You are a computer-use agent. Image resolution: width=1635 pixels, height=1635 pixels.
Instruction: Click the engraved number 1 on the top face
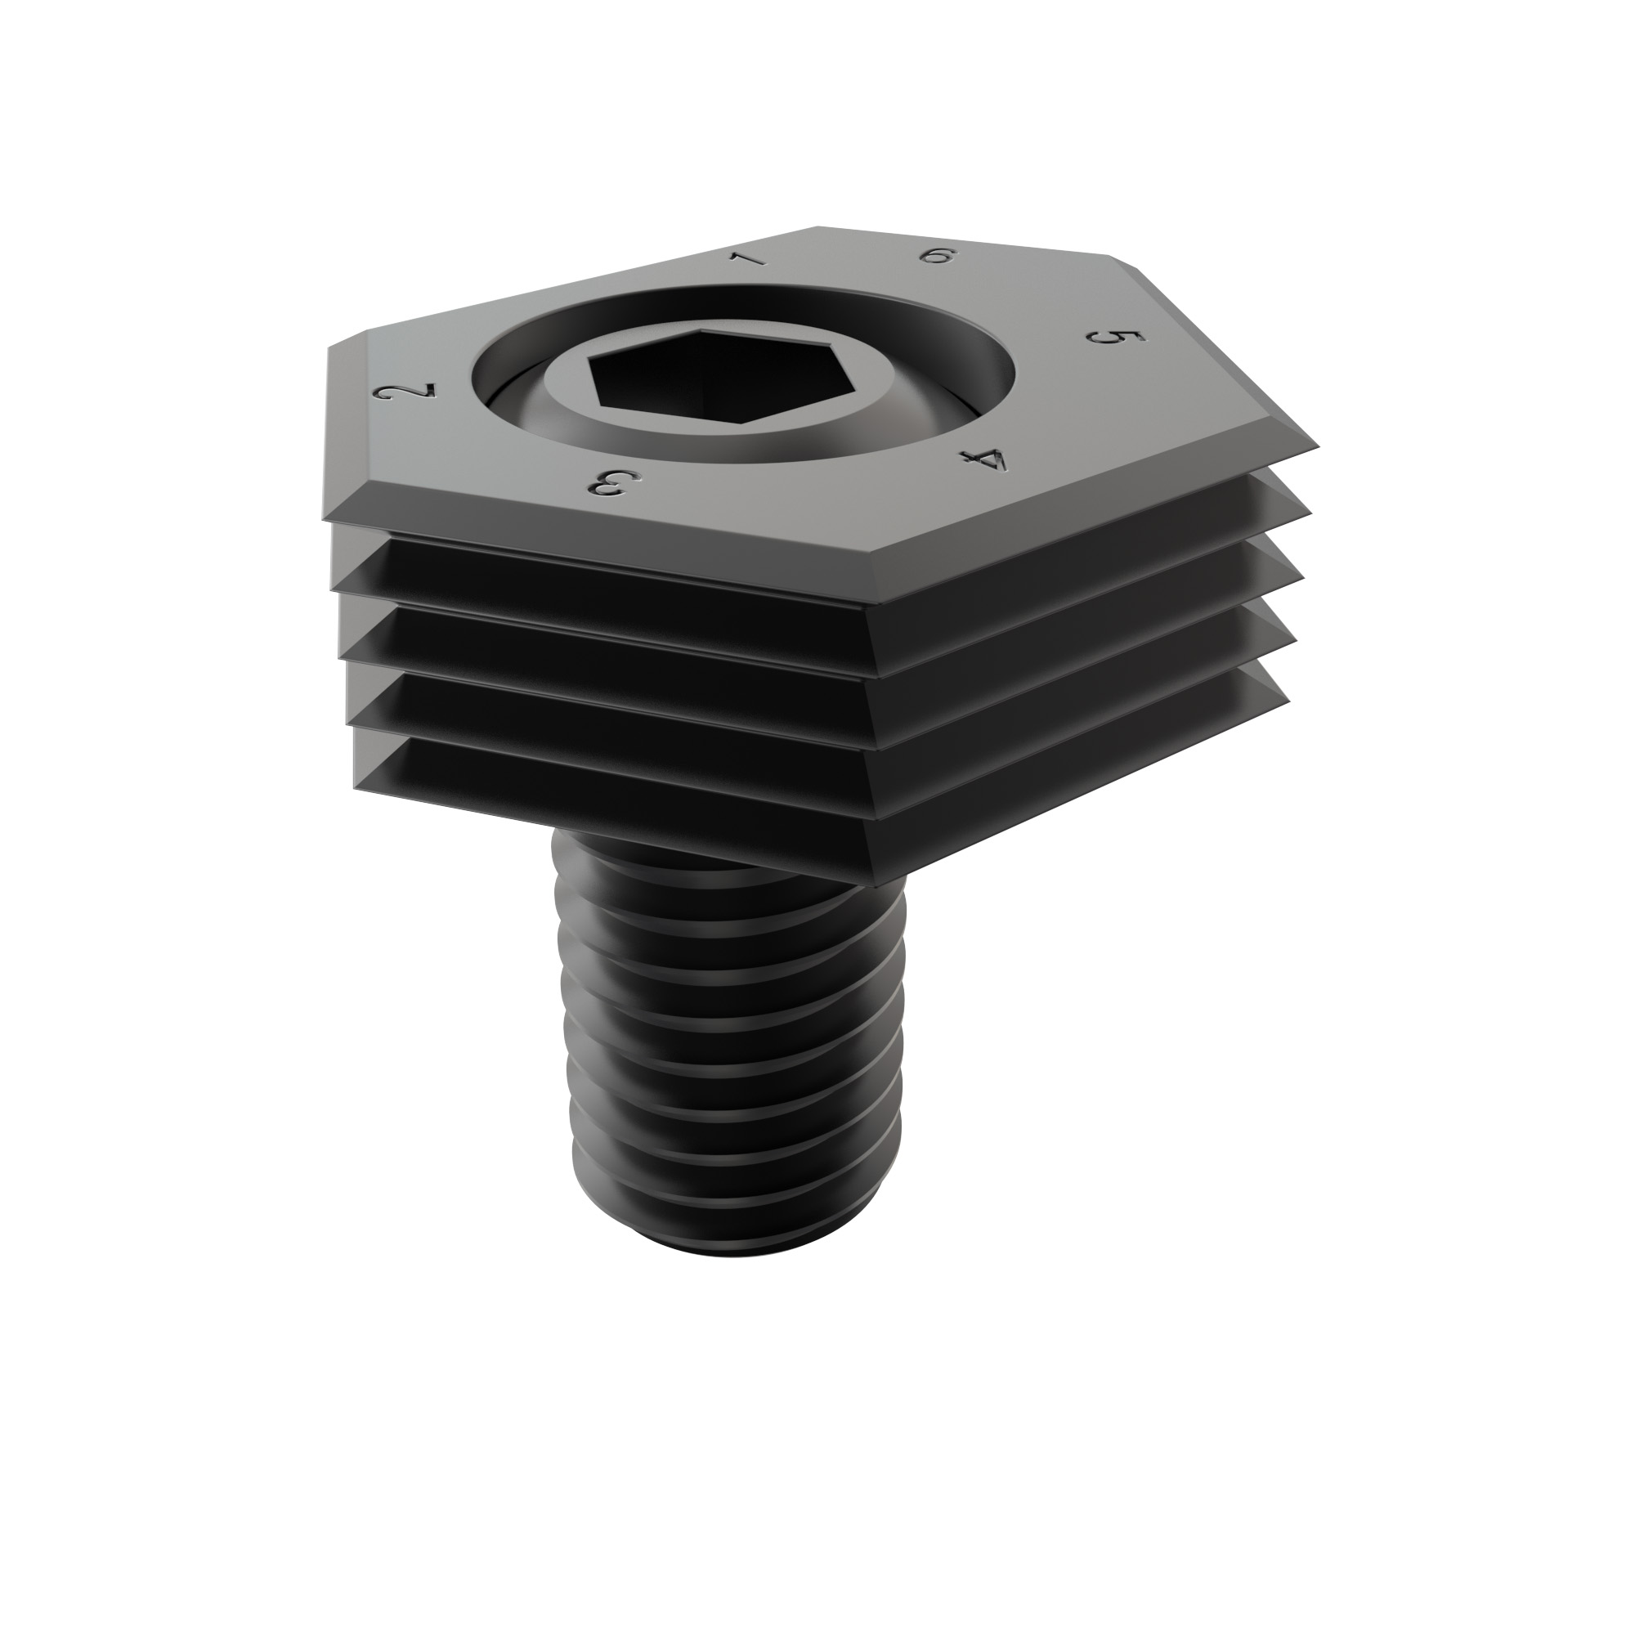coord(748,258)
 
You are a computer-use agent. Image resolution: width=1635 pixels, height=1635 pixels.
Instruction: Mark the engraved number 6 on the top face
coord(937,255)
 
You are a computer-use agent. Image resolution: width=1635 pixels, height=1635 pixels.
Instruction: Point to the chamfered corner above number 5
coord(1126,262)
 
